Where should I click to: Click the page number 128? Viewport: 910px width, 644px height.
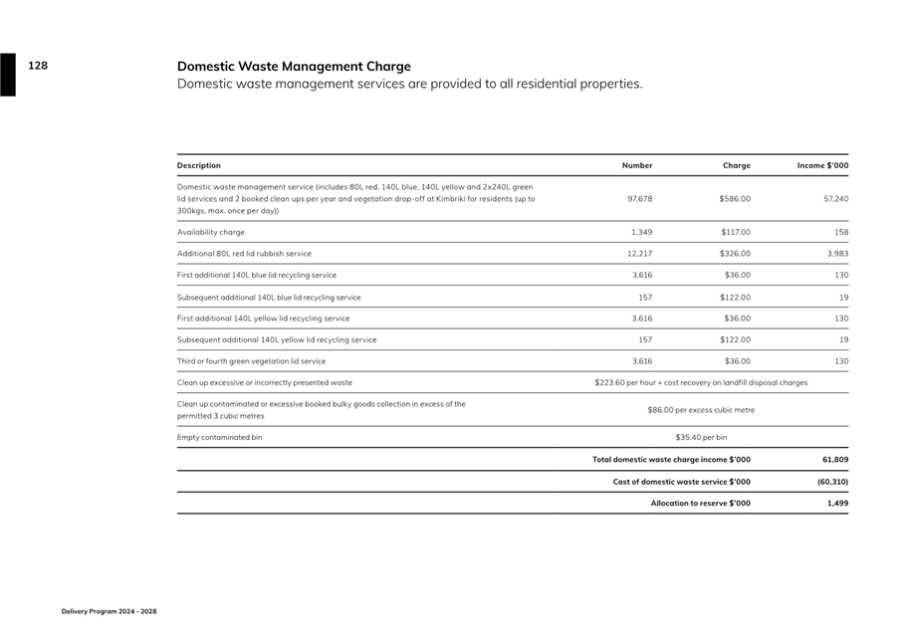tap(38, 66)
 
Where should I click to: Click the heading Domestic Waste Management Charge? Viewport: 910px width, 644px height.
tap(294, 67)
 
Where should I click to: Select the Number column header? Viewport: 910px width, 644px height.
tap(637, 165)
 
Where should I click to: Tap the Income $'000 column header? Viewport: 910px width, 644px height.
tap(822, 165)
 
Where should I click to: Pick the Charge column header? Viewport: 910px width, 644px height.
tap(737, 165)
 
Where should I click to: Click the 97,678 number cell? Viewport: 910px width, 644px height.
tap(640, 199)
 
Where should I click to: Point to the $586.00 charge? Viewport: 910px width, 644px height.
tap(735, 199)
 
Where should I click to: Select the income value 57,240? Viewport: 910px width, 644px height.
tap(836, 199)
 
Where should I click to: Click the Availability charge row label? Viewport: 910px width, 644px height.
tap(211, 232)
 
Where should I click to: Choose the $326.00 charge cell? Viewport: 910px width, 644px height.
tap(735, 254)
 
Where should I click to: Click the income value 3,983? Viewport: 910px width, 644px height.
tap(838, 254)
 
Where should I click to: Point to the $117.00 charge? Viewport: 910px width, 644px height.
tap(735, 232)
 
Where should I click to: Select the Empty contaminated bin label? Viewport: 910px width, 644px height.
tap(220, 438)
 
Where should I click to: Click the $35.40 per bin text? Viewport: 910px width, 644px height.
tap(701, 438)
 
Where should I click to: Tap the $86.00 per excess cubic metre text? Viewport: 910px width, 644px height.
tap(701, 410)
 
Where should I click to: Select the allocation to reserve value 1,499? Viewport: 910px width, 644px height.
tap(838, 504)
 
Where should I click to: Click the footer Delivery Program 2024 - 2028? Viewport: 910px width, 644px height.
tap(110, 611)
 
